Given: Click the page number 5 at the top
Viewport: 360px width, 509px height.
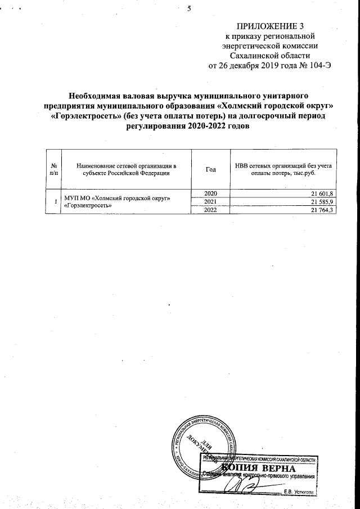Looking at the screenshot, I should pyautogui.click(x=189, y=8).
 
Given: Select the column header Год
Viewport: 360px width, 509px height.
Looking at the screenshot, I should pyautogui.click(x=211, y=169).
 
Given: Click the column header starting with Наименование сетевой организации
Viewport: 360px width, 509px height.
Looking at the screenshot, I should pyautogui.click(x=127, y=169).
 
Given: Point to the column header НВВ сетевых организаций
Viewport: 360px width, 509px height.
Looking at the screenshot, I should pyautogui.click(x=283, y=169).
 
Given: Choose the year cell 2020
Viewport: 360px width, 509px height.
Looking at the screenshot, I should pyautogui.click(x=211, y=194).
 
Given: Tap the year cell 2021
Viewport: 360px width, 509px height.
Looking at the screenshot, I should pyautogui.click(x=211, y=202).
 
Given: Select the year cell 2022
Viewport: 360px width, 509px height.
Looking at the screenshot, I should pyautogui.click(x=211, y=210).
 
